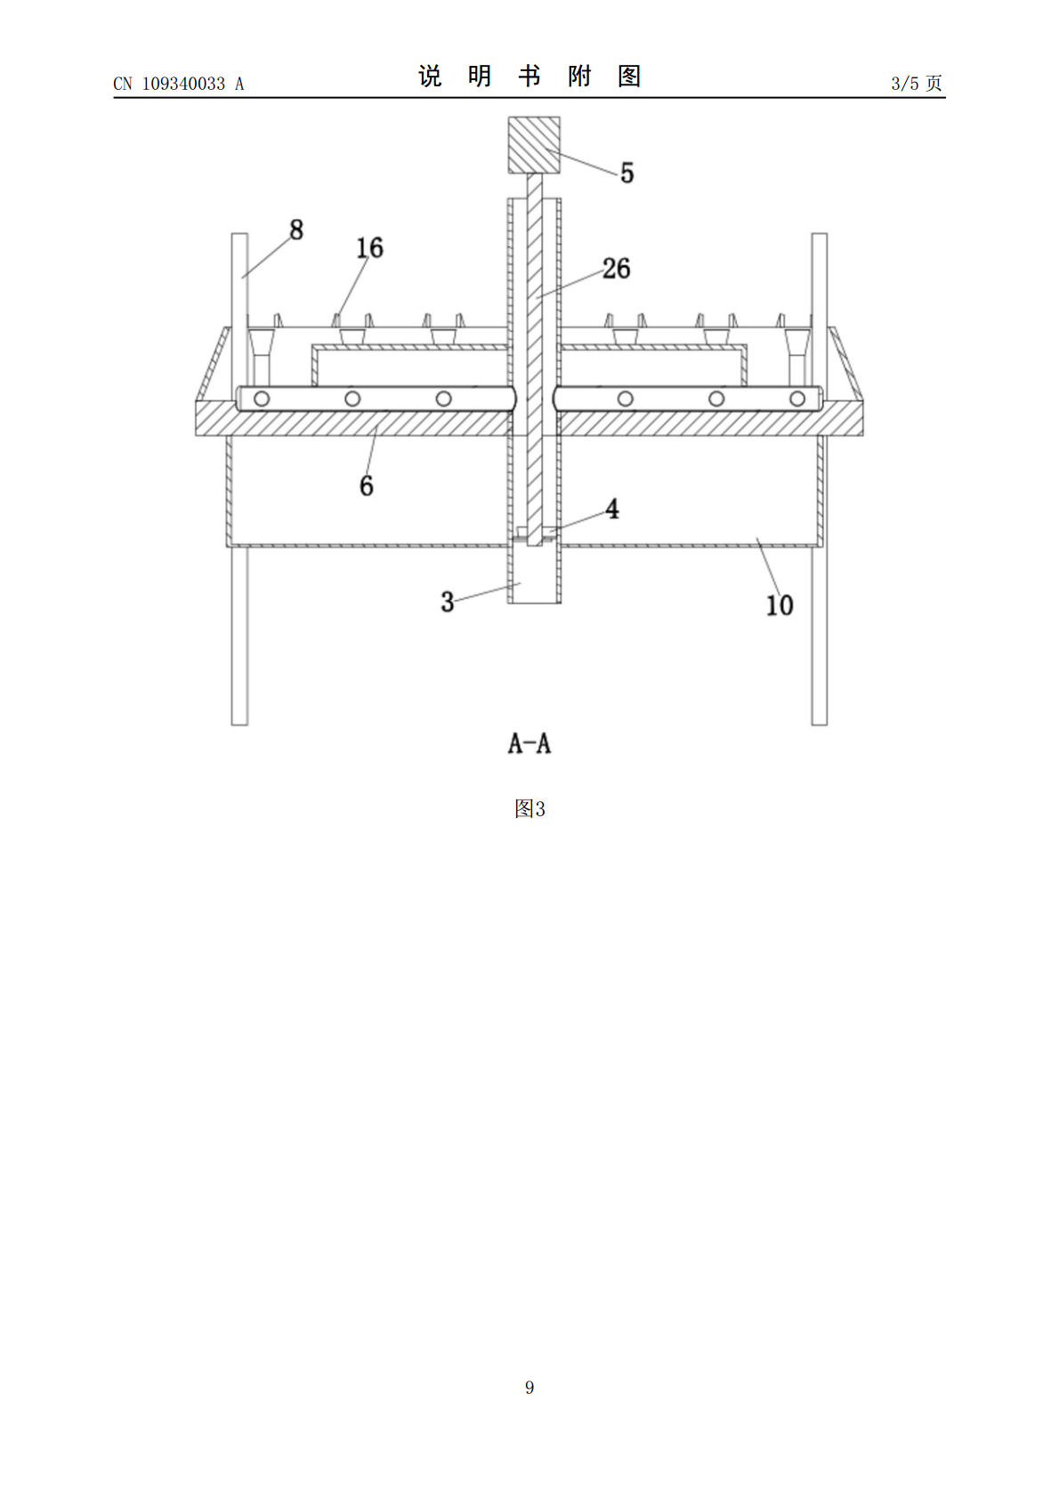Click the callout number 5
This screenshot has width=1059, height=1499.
(x=627, y=173)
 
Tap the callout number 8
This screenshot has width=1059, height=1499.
(x=296, y=230)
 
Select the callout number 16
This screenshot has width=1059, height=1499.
(x=369, y=248)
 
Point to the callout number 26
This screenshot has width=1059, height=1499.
(x=616, y=268)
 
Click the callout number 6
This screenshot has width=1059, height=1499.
(x=367, y=486)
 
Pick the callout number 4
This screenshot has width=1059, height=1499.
(x=612, y=509)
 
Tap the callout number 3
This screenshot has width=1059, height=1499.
(x=448, y=603)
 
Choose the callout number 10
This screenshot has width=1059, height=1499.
(x=780, y=605)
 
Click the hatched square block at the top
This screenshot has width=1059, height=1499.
(x=534, y=145)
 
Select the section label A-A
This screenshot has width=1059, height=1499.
(x=529, y=743)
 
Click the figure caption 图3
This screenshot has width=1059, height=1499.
(x=529, y=809)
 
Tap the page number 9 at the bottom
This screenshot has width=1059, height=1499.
(x=529, y=1387)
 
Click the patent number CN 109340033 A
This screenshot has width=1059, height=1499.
(x=179, y=84)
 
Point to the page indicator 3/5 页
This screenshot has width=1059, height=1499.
(x=917, y=83)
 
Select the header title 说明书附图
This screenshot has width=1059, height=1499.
(x=529, y=77)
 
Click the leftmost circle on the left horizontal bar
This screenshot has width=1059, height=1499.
(x=262, y=399)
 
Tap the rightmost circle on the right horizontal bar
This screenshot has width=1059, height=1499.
(x=796, y=399)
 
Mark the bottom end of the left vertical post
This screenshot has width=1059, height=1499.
(x=239, y=724)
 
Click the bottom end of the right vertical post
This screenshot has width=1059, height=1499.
(x=820, y=724)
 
